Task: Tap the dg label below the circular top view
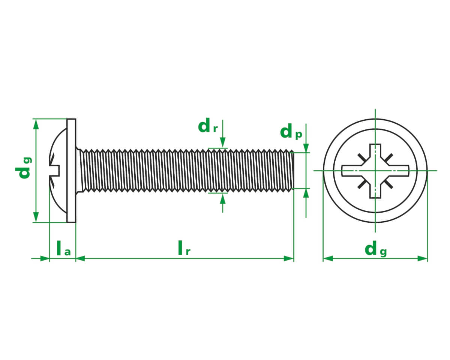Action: tap(375, 249)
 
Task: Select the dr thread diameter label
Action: tap(207, 126)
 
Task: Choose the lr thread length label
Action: tap(184, 249)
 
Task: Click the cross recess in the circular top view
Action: tap(375, 171)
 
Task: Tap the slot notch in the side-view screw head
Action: tap(55, 170)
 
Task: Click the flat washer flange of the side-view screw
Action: tap(71, 171)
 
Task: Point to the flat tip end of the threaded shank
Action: tap(293, 171)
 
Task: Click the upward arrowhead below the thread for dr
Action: tap(223, 198)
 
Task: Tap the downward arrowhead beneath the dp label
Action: tap(306, 148)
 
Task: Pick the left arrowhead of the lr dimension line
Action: tap(80, 258)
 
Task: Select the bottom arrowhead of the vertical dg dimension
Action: tap(36, 217)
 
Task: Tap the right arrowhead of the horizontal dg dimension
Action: tap(423, 258)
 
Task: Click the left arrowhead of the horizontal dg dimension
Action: tap(328, 258)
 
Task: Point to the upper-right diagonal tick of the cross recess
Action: tap(388, 158)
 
